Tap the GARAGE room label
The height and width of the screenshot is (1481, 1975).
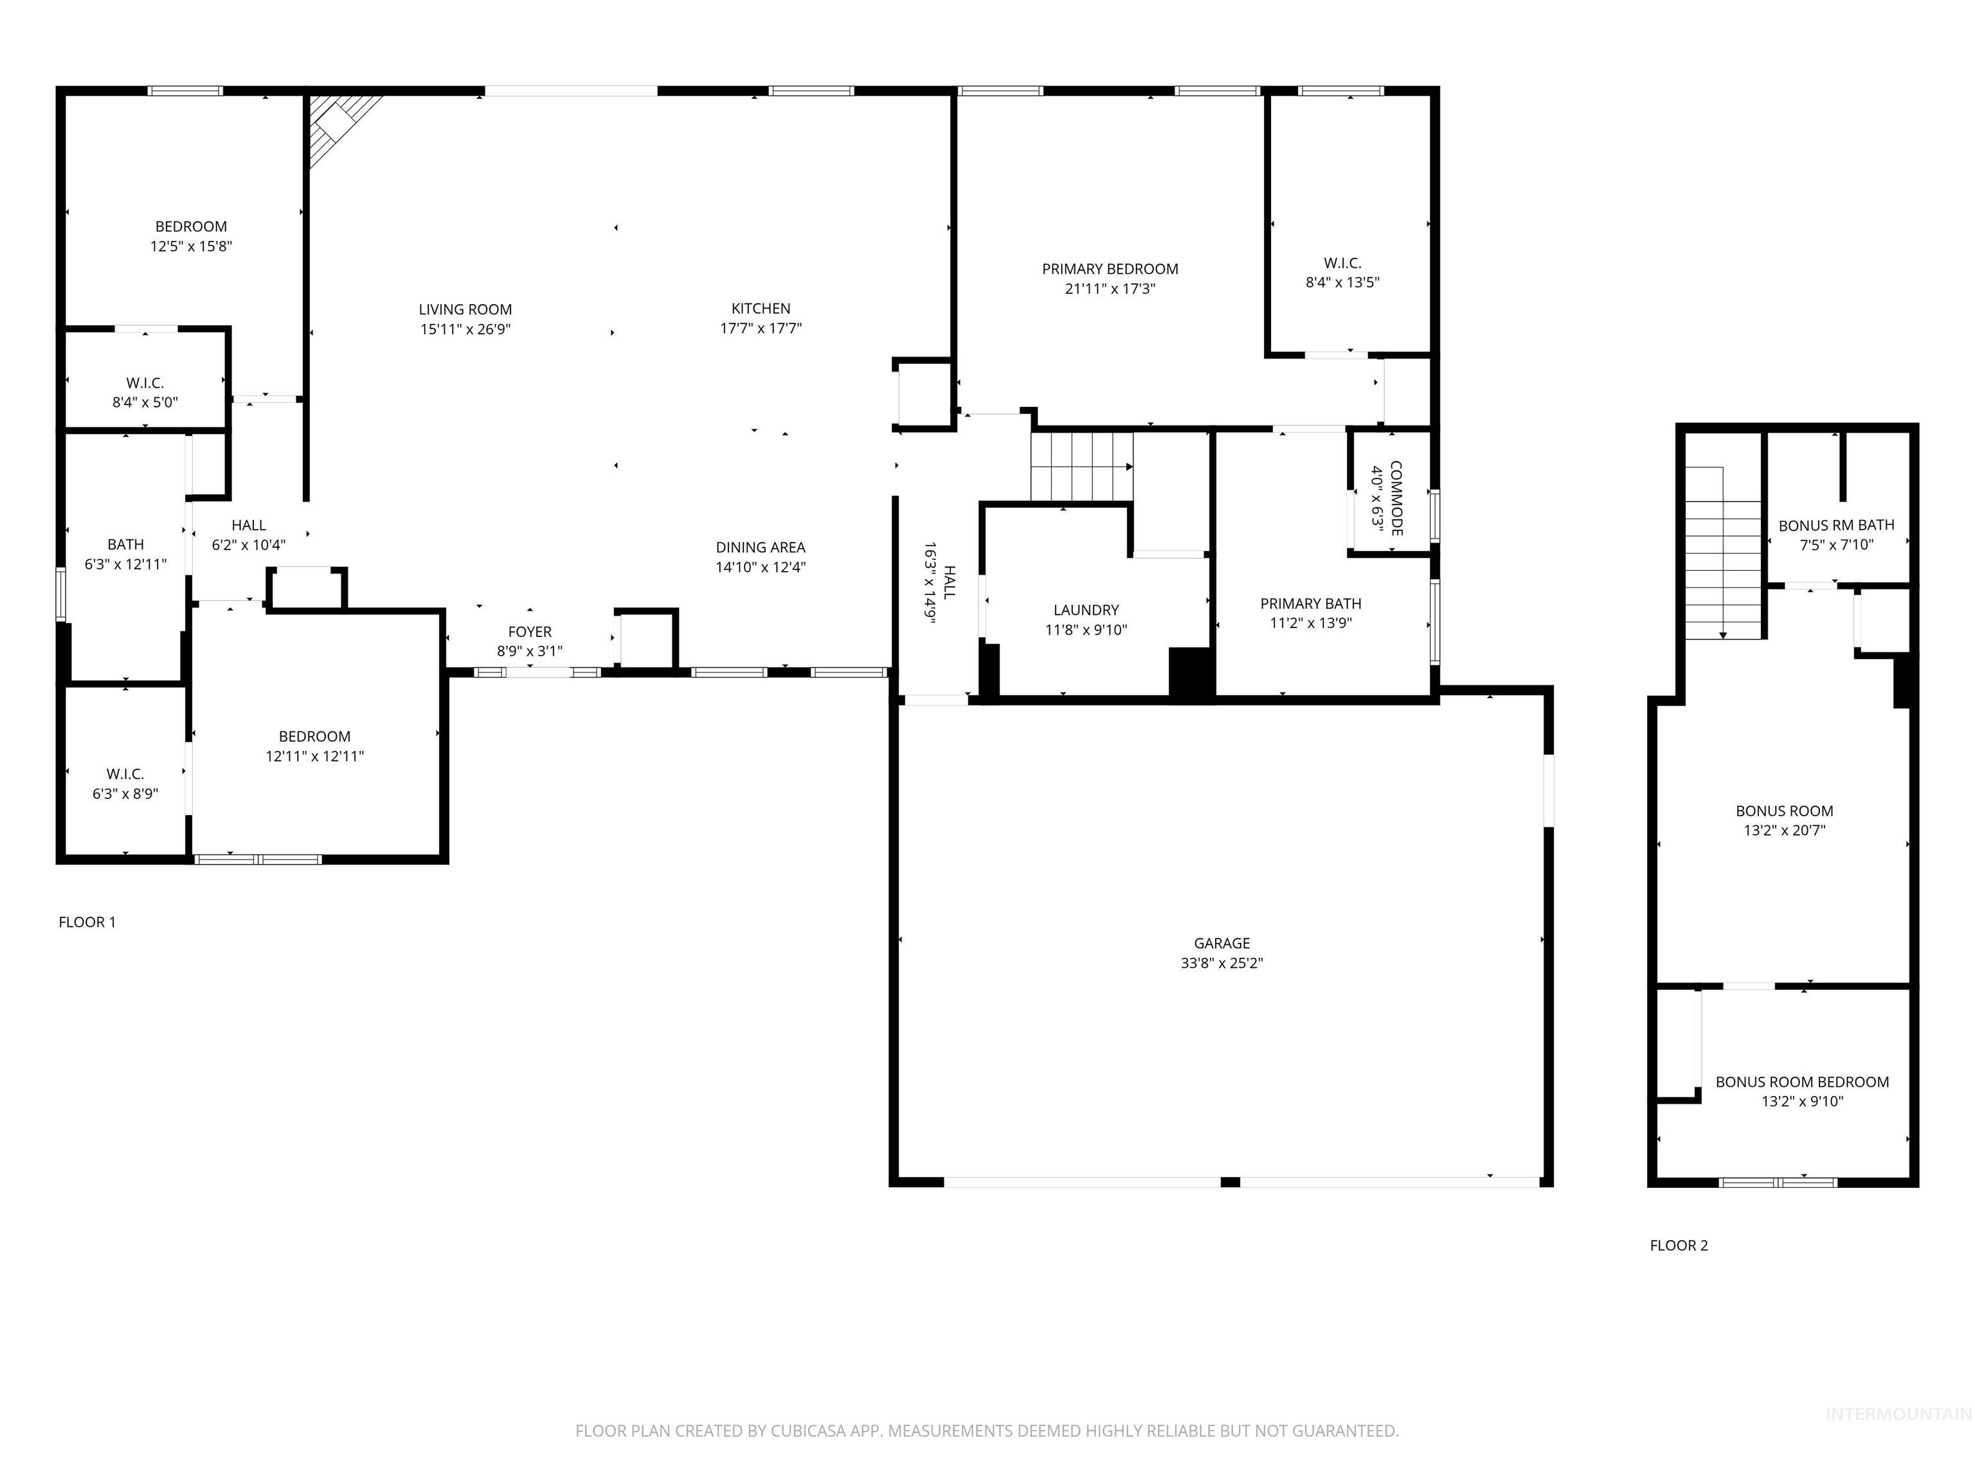(x=1222, y=944)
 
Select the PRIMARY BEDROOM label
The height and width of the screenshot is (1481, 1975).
(x=1110, y=269)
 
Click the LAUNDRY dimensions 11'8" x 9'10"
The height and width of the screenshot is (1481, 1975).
(x=1086, y=630)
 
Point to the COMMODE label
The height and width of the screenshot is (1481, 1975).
(x=1396, y=498)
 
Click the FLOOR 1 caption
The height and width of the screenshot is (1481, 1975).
(x=87, y=922)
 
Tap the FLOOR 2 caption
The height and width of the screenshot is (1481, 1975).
(x=1679, y=1245)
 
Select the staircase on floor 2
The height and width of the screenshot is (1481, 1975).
(x=1723, y=553)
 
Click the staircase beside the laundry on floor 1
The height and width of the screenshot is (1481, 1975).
(x=1082, y=467)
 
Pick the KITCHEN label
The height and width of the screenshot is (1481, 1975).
(x=761, y=309)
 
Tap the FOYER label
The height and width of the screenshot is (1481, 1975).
(x=530, y=632)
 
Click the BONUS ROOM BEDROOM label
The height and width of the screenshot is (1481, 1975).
(x=1802, y=1082)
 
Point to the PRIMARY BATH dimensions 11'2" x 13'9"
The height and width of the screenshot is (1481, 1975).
(x=1311, y=623)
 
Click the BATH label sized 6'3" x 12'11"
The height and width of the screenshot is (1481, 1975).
(x=125, y=544)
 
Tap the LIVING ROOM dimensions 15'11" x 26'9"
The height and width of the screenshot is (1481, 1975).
(x=465, y=329)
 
